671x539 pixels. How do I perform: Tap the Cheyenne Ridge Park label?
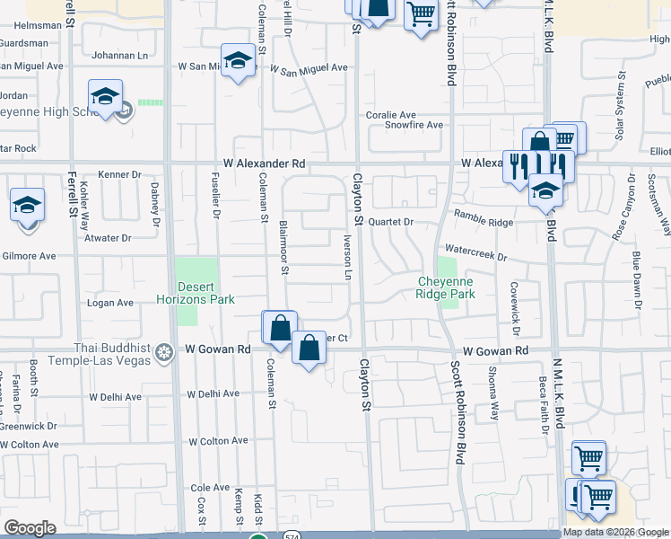click(x=446, y=287)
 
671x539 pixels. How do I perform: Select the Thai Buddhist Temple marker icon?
click(x=163, y=350)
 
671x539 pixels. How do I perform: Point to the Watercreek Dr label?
click(x=475, y=256)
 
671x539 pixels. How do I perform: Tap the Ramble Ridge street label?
click(x=484, y=216)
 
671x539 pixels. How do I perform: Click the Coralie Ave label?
click(x=390, y=115)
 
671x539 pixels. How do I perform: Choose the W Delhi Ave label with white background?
click(x=213, y=394)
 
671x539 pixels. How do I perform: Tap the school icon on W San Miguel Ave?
click(x=238, y=60)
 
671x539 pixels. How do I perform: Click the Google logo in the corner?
click(x=30, y=528)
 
